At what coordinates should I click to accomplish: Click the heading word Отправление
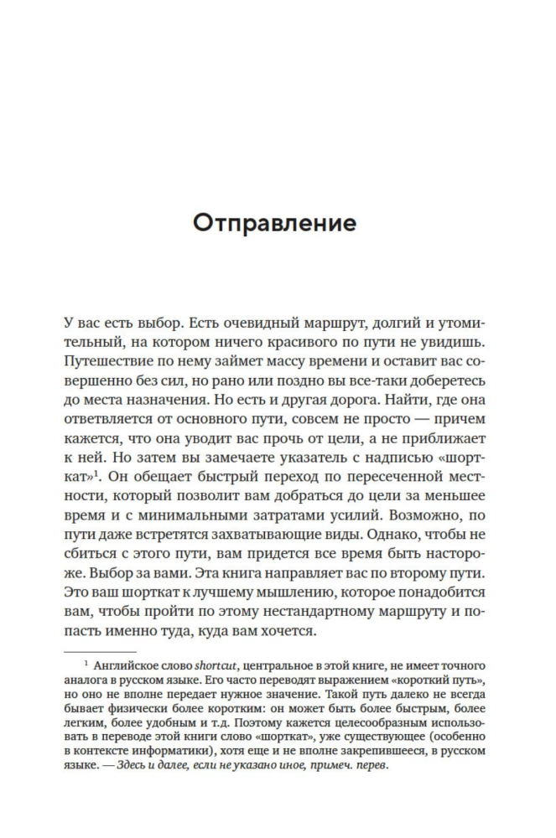pyautogui.click(x=274, y=225)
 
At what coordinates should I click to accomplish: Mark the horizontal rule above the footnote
pyautogui.click(x=100, y=650)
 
